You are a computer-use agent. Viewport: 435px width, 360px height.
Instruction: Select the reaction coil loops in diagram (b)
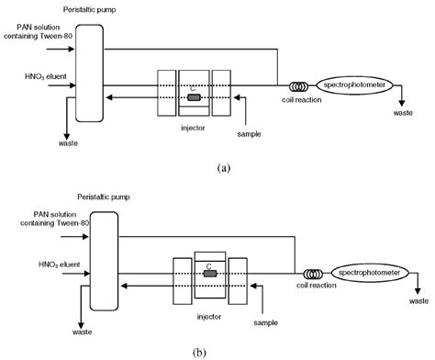click(313, 273)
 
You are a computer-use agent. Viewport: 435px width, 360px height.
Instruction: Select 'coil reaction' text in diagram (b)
click(316, 293)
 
